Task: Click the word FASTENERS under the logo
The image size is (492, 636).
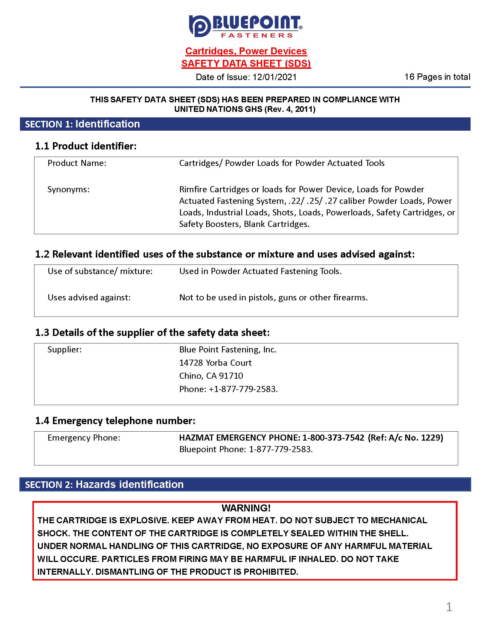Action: [257, 36]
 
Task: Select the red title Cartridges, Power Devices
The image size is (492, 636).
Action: [246, 51]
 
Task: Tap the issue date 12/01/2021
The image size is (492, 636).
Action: [275, 77]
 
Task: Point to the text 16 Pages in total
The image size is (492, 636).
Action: [437, 77]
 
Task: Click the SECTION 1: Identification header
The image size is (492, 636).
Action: [82, 124]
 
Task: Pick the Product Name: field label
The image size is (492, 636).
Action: [77, 163]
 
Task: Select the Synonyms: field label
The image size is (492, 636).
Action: [69, 190]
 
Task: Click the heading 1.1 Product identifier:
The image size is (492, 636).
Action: [86, 146]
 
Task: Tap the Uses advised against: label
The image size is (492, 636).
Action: [89, 297]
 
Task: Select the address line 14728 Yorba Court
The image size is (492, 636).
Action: [215, 363]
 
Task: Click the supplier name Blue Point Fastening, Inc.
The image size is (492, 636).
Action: [228, 350]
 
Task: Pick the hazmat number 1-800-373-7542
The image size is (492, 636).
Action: [333, 438]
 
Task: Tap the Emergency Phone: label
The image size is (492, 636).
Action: [84, 438]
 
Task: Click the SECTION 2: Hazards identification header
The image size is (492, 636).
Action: [104, 485]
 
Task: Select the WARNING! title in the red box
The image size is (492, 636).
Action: [246, 508]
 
